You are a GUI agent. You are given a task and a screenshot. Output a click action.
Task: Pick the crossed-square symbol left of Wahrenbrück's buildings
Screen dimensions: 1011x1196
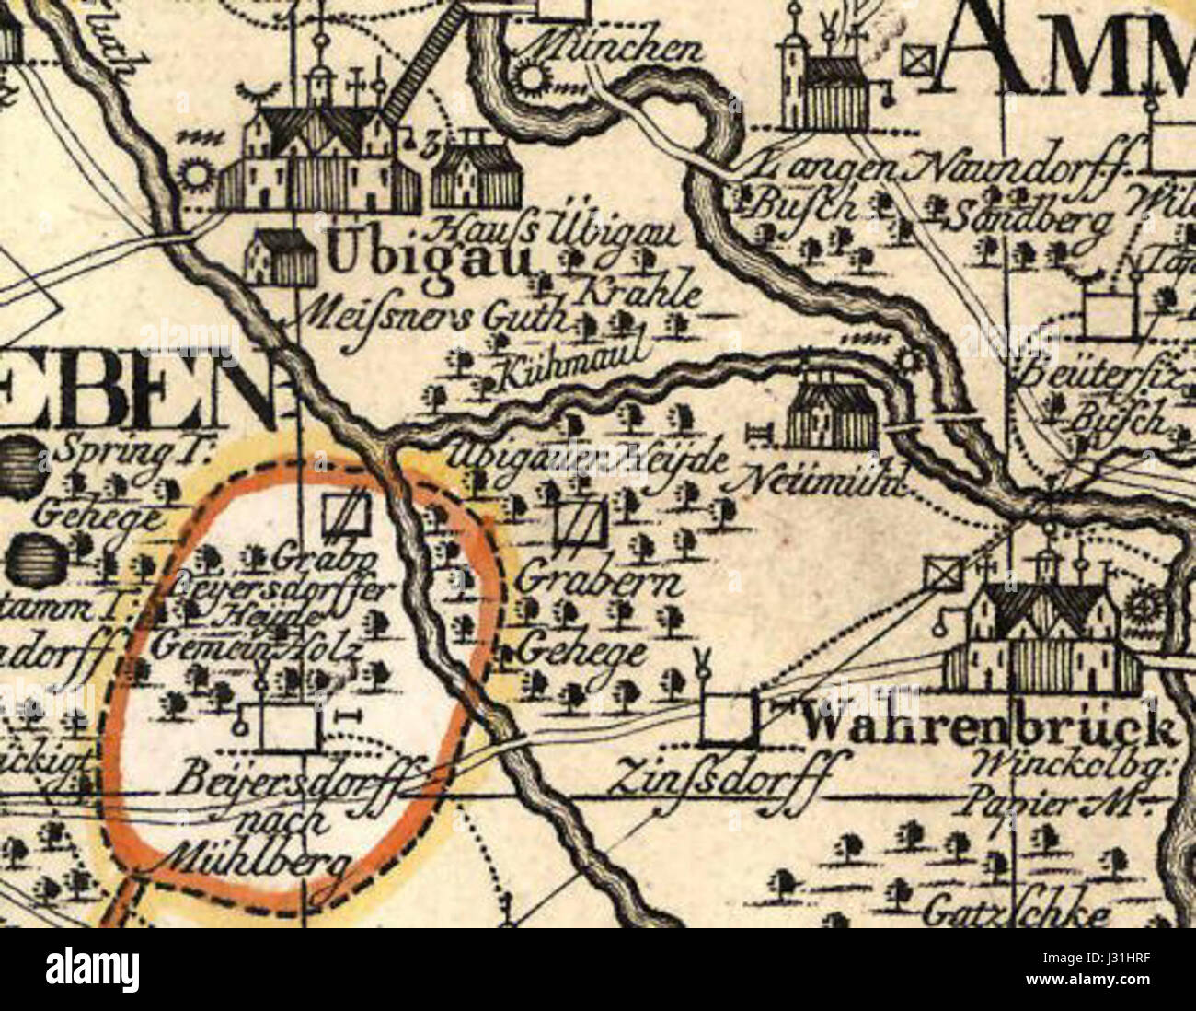pos(941,575)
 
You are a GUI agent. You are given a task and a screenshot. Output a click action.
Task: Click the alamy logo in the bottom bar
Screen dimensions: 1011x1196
pos(92,969)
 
